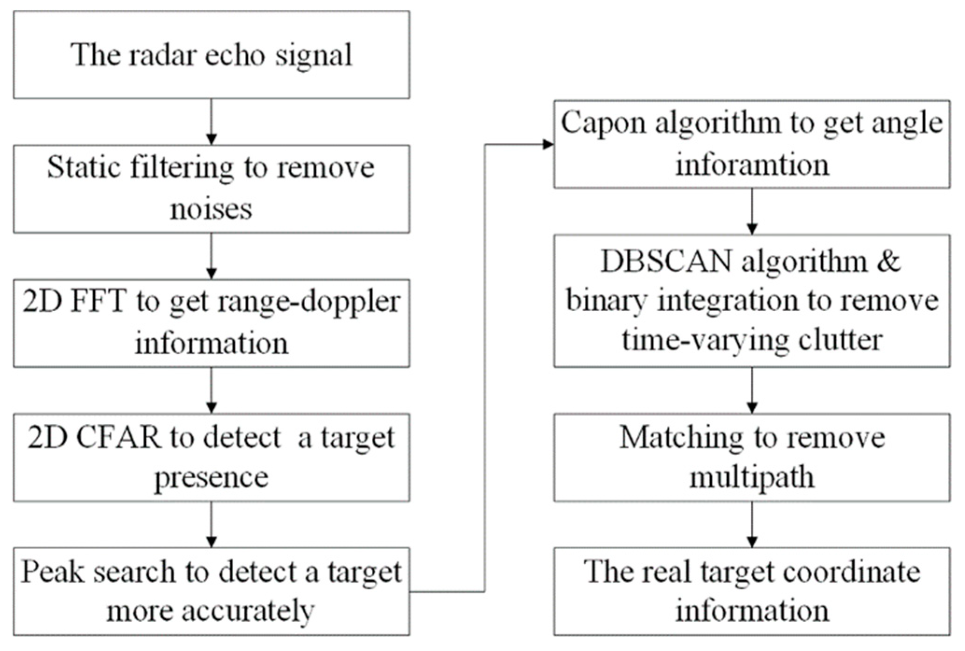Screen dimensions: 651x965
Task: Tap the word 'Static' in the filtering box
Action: click(x=82, y=167)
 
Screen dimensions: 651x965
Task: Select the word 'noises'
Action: click(x=211, y=209)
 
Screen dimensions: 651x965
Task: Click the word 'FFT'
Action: click(x=98, y=301)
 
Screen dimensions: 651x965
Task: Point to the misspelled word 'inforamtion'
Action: click(x=752, y=165)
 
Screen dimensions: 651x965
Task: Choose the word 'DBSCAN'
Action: click(x=666, y=261)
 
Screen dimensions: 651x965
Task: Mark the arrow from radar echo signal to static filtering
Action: click(x=211, y=121)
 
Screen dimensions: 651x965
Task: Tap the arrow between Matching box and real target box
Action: click(x=752, y=524)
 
